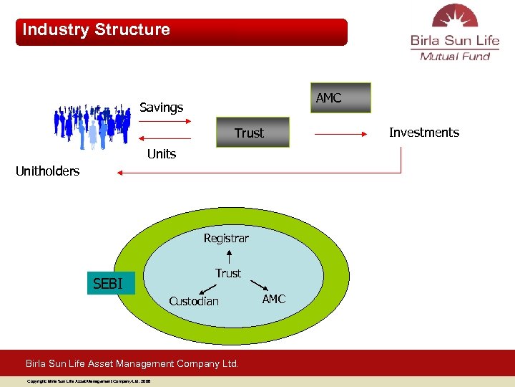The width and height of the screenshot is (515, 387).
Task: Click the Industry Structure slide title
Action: tap(97, 30)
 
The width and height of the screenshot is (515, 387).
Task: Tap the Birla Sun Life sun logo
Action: tap(454, 17)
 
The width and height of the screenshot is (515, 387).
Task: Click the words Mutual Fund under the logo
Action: tap(455, 57)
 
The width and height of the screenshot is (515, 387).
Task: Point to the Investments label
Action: tap(423, 133)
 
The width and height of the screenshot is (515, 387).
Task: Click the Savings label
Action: tap(161, 107)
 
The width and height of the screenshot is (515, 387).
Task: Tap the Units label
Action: tap(161, 154)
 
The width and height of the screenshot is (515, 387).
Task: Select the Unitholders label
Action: tap(48, 171)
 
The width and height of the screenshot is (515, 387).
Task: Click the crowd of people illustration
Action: tap(93, 126)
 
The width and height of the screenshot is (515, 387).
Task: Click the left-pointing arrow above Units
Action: tap(165, 138)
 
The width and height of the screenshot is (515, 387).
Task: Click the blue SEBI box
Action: tap(108, 284)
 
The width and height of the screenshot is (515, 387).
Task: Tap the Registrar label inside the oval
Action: tap(226, 238)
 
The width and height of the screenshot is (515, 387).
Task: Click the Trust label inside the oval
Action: tap(228, 273)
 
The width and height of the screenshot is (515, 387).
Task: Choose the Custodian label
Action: tap(194, 301)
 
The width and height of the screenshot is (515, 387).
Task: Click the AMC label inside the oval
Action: tap(273, 299)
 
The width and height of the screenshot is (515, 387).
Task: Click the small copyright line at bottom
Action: tap(89, 381)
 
